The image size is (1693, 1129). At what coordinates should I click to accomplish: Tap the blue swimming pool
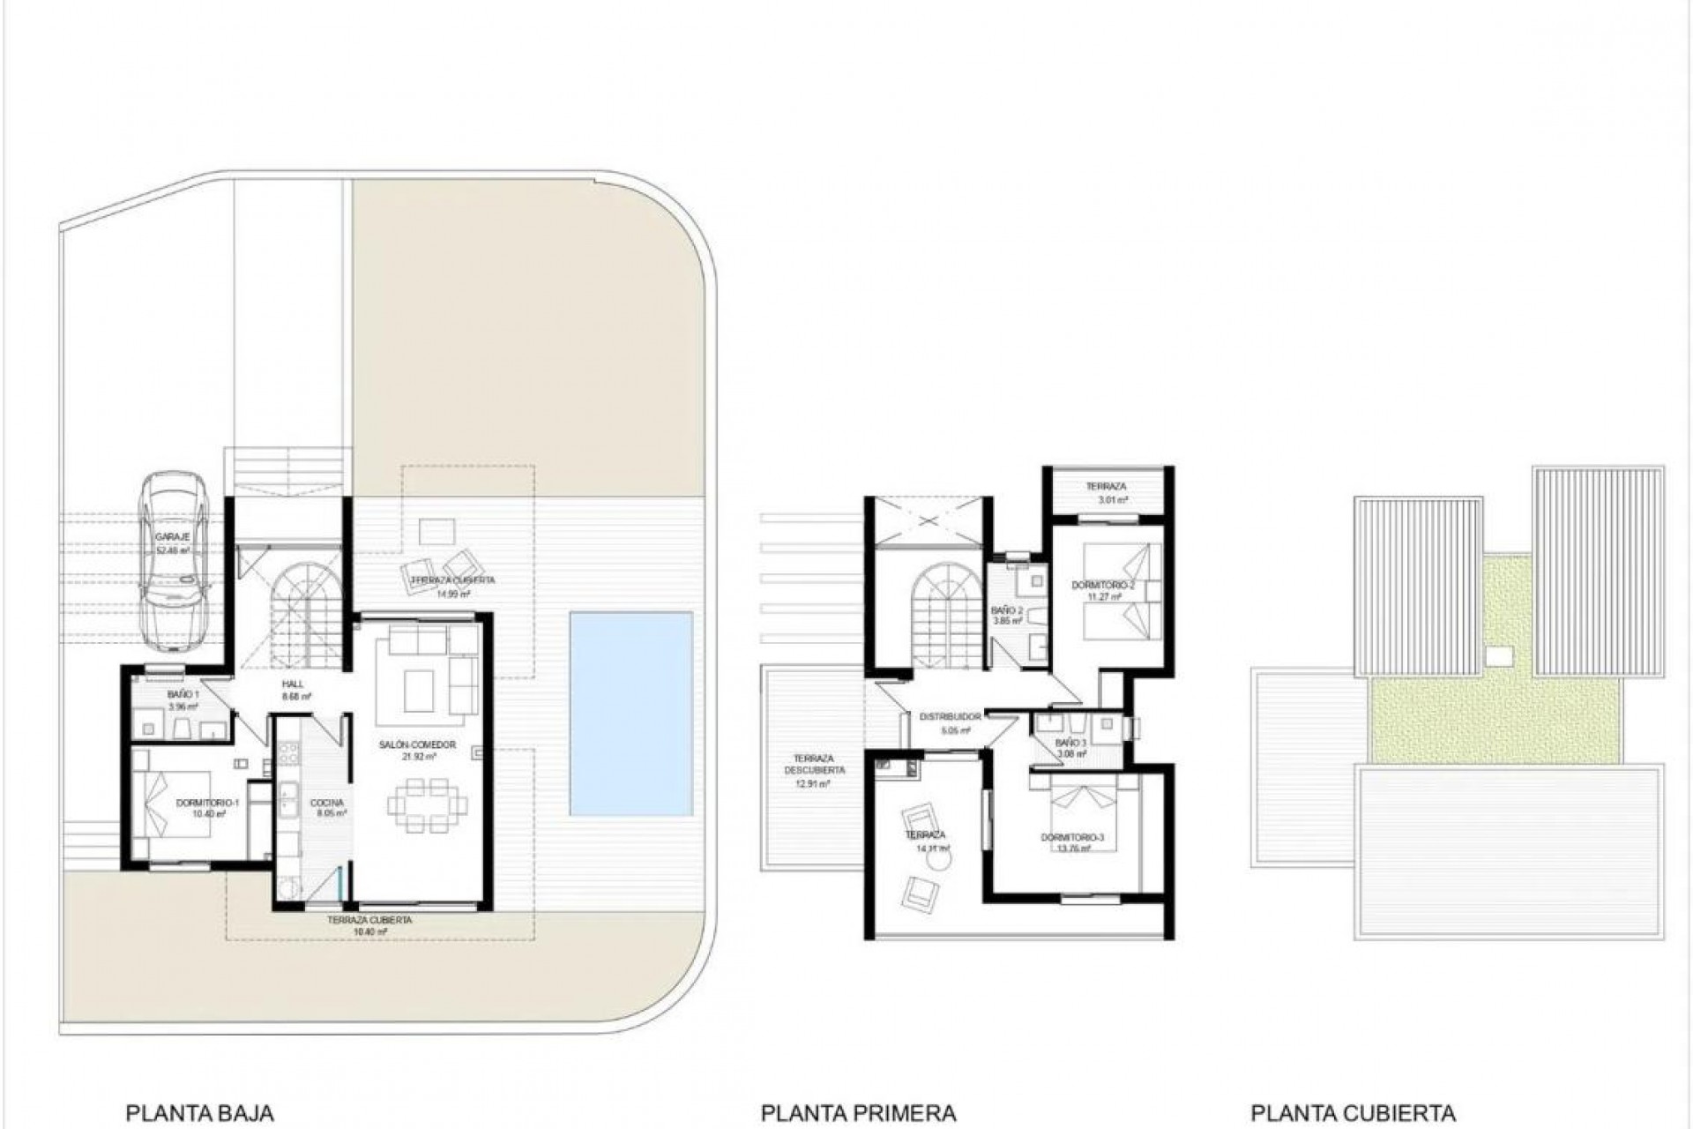630,713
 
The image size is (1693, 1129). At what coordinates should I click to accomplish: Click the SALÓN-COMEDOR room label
418,745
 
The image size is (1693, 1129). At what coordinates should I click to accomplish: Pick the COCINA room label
327,804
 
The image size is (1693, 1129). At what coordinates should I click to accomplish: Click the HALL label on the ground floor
292,684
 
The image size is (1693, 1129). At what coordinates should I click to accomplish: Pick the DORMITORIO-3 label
1071,837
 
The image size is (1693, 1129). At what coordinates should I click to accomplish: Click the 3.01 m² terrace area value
1113,500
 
